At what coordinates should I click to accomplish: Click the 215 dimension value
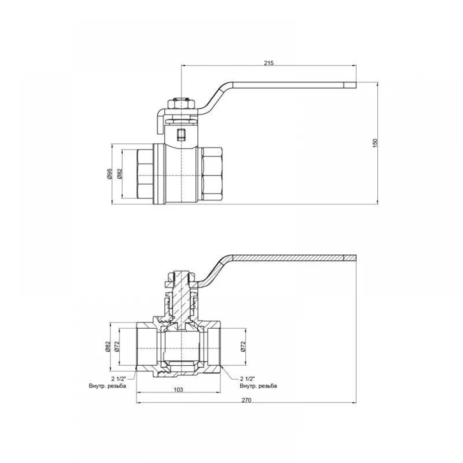click(x=269, y=63)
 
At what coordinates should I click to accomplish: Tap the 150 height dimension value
click(x=375, y=143)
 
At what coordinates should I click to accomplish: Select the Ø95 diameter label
click(x=110, y=174)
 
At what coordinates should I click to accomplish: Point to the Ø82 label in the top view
click(x=119, y=174)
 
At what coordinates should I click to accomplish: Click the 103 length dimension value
click(x=178, y=390)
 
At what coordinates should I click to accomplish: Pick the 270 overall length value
click(x=246, y=400)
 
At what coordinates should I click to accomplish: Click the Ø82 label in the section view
click(x=107, y=346)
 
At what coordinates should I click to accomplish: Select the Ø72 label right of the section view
click(x=243, y=346)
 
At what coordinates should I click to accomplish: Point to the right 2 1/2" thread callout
click(x=247, y=379)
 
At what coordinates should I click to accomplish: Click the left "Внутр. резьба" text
click(x=107, y=386)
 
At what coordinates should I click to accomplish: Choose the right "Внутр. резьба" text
click(x=258, y=386)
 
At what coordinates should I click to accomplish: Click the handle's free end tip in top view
click(x=356, y=85)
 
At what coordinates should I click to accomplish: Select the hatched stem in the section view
click(x=181, y=298)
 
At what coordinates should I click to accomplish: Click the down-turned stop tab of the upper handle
click(x=160, y=121)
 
